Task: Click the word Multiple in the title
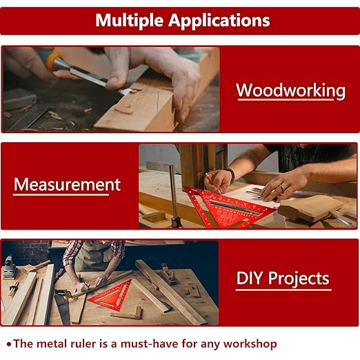[x=128, y=20]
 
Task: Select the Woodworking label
[x=290, y=90]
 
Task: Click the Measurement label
[x=67, y=185]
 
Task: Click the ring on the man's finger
[x=281, y=187]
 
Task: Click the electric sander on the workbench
[x=9, y=266]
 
